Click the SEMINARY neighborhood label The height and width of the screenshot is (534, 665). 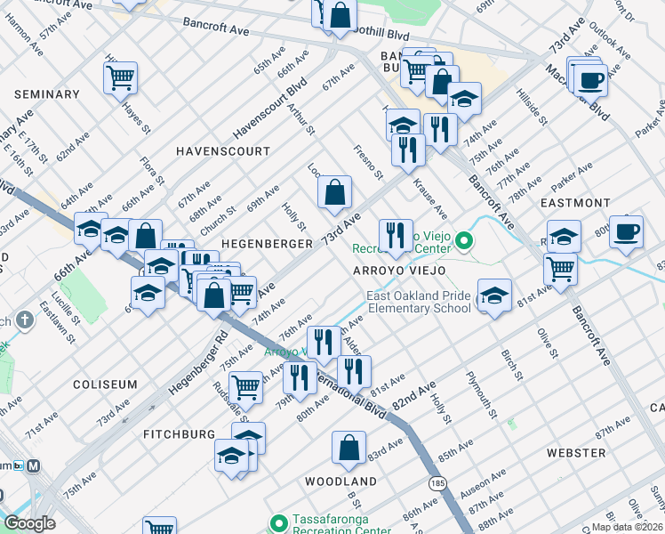[47, 94]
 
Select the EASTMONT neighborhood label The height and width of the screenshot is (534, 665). [575, 203]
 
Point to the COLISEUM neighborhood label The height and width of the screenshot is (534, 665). [106, 384]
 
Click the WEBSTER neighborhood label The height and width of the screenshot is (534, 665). [576, 453]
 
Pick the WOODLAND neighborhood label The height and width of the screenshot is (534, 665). [341, 481]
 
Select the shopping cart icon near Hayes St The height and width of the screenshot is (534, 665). [120, 77]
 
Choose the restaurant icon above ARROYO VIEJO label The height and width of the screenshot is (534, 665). [395, 236]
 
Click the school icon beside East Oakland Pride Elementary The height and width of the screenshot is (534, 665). [493, 295]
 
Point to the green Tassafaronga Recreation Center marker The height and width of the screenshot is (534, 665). [279, 522]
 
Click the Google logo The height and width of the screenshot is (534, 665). [29, 523]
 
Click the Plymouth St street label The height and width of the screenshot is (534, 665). [480, 390]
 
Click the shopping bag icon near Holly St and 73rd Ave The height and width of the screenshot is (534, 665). [334, 192]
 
